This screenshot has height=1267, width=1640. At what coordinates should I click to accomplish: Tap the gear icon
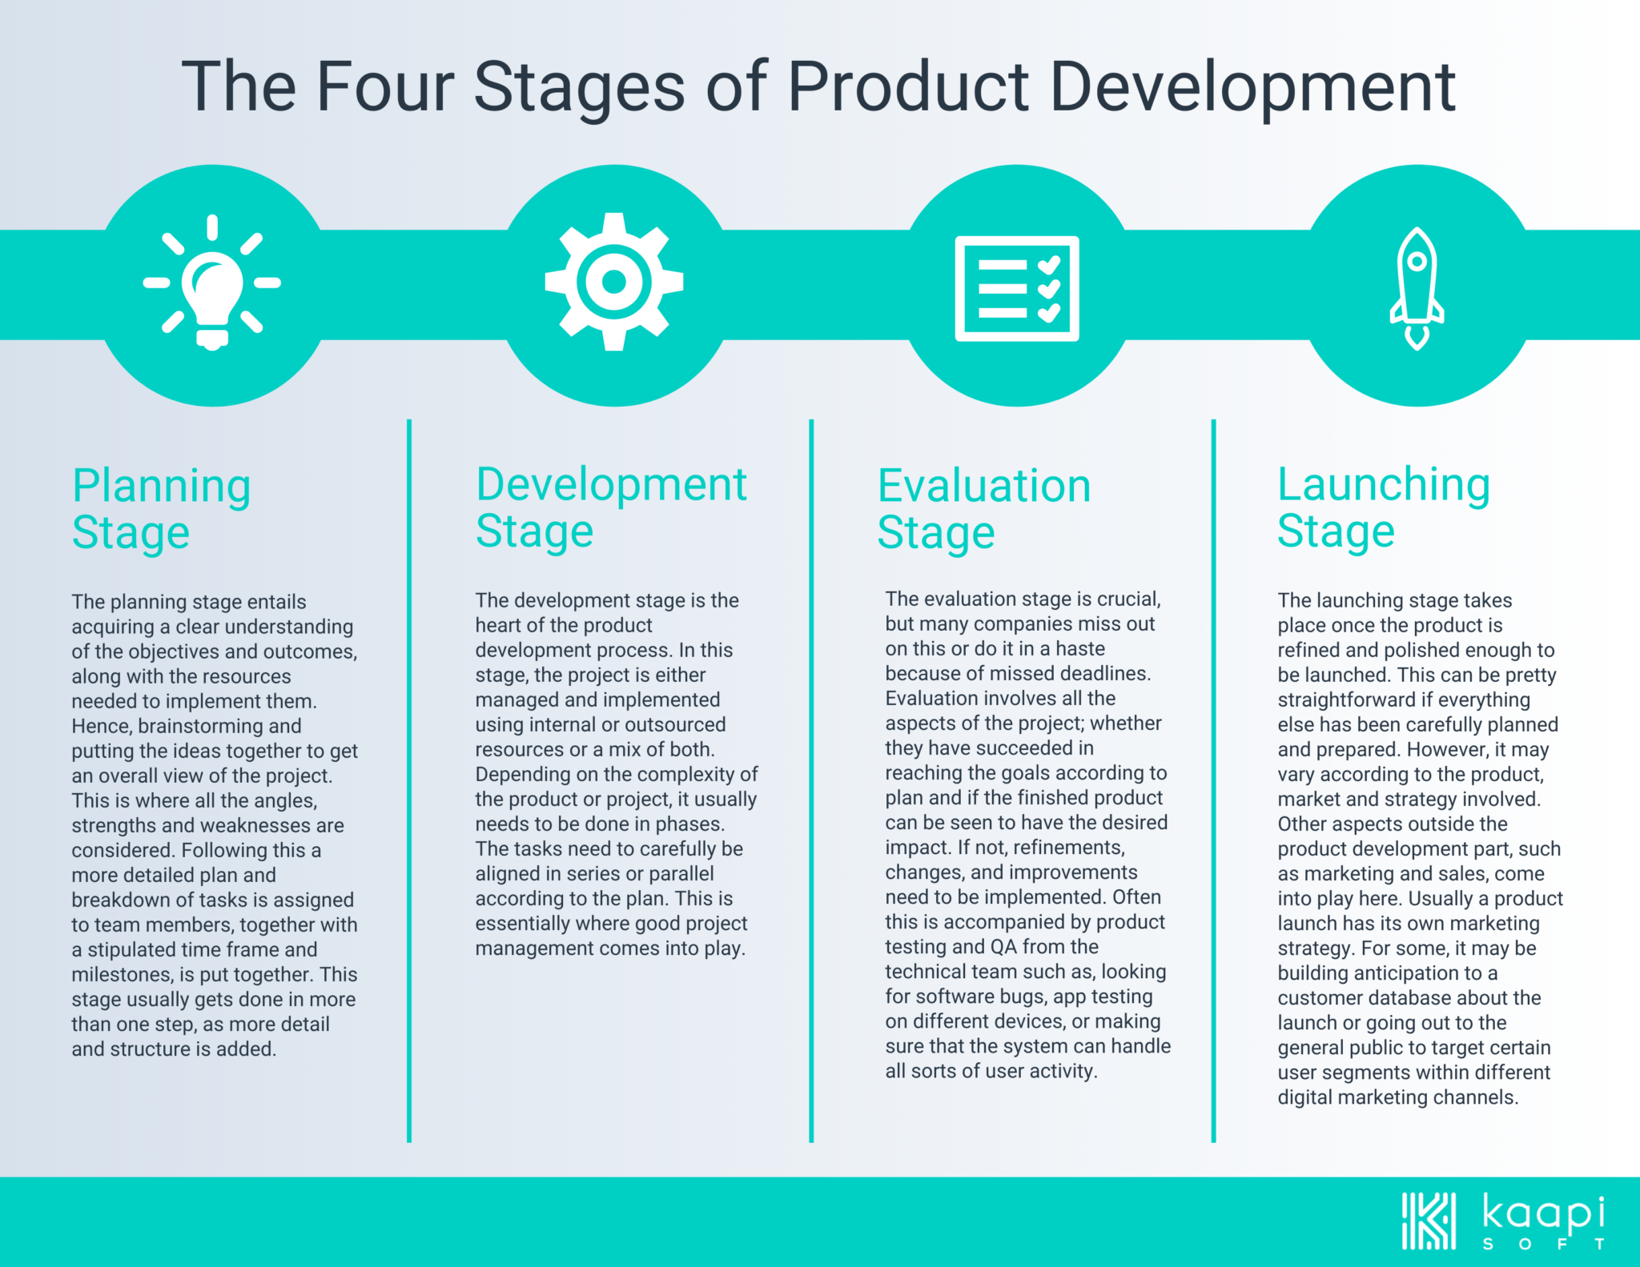(614, 282)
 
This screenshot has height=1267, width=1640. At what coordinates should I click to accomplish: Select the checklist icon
(1017, 288)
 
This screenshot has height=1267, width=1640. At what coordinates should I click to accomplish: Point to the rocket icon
(1417, 288)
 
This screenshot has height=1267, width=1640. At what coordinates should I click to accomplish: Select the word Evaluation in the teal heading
(984, 486)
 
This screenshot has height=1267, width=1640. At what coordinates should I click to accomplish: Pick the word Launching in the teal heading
(1384, 486)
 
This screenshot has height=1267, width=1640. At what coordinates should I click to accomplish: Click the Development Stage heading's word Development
(611, 486)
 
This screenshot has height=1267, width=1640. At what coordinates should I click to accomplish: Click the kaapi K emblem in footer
(1429, 1221)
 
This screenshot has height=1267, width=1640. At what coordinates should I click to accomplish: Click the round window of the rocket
(1417, 261)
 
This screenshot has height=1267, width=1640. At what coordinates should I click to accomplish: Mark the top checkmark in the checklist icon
(1049, 265)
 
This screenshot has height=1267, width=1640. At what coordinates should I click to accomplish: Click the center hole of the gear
(614, 282)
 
